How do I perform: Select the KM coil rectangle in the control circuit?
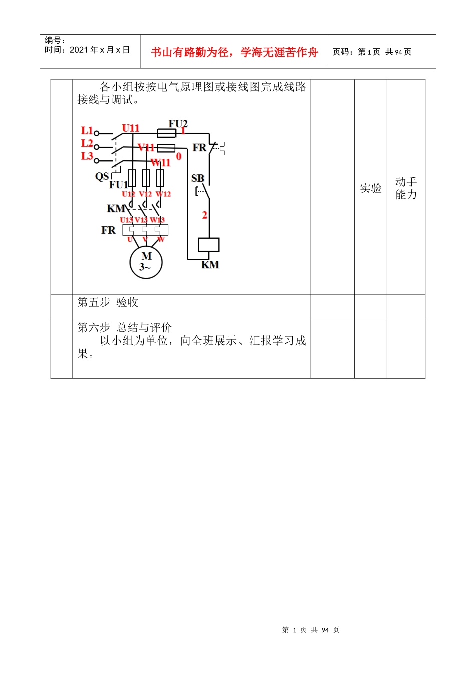tap(208, 244)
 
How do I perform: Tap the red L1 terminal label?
tap(87, 131)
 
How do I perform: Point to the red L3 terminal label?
tap(87, 156)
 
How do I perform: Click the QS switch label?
tap(102, 176)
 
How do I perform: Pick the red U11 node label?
tap(131, 128)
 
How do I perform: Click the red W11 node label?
tap(161, 162)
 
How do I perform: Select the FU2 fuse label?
tap(178, 123)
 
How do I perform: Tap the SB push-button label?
tap(198, 178)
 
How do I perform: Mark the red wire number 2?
tap(204, 215)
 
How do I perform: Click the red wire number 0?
tap(179, 157)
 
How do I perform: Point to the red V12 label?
tap(145, 194)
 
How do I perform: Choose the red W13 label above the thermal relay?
tap(157, 220)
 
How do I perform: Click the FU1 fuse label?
tap(119, 184)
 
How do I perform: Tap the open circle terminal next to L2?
tap(97, 147)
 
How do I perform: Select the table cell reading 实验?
tap(371, 188)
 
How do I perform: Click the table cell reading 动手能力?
tap(406, 188)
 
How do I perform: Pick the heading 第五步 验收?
tap(108, 302)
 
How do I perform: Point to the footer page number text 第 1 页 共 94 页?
tap(311, 630)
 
